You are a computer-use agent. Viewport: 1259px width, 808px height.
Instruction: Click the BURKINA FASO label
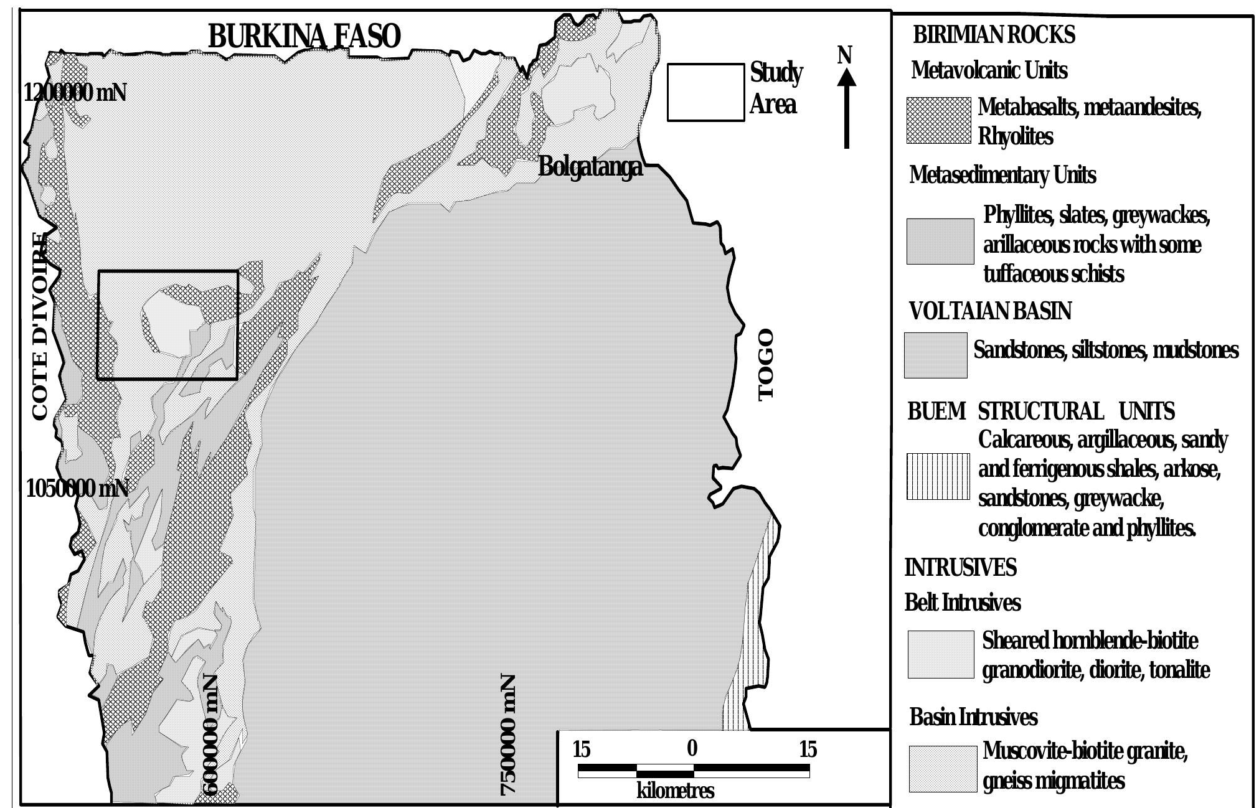(x=304, y=36)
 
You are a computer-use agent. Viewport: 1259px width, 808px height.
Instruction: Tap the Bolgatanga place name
(x=590, y=167)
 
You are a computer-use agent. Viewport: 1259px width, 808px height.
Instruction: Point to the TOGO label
(x=766, y=365)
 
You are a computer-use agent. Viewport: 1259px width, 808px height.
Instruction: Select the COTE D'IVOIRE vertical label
(x=39, y=326)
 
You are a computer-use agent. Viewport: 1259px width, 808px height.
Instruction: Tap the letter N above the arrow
(x=844, y=55)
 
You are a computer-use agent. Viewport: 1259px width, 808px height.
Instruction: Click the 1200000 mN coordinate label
(x=75, y=93)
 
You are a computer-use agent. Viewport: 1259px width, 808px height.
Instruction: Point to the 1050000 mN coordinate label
(x=77, y=489)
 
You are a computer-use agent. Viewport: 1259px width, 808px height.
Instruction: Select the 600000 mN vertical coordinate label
(x=211, y=735)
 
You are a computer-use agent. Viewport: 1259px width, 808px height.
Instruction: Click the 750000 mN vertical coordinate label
(x=509, y=735)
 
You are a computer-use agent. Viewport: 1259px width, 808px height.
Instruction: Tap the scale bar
(x=694, y=771)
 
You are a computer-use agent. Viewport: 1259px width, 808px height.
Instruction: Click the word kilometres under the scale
(x=675, y=791)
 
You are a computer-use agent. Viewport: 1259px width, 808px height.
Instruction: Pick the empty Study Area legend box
(x=705, y=92)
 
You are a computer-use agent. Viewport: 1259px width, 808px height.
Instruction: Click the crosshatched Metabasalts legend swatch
(x=938, y=120)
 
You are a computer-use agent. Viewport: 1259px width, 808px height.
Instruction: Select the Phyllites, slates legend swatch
(x=940, y=241)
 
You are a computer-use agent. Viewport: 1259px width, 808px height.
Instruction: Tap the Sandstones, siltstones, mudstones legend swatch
(x=935, y=355)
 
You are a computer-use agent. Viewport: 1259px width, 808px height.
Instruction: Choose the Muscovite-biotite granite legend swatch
(x=942, y=769)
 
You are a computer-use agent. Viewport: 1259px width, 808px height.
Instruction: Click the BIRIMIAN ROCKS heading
(x=994, y=35)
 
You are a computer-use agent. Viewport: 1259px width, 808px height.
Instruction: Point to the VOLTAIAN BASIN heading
(x=990, y=311)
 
